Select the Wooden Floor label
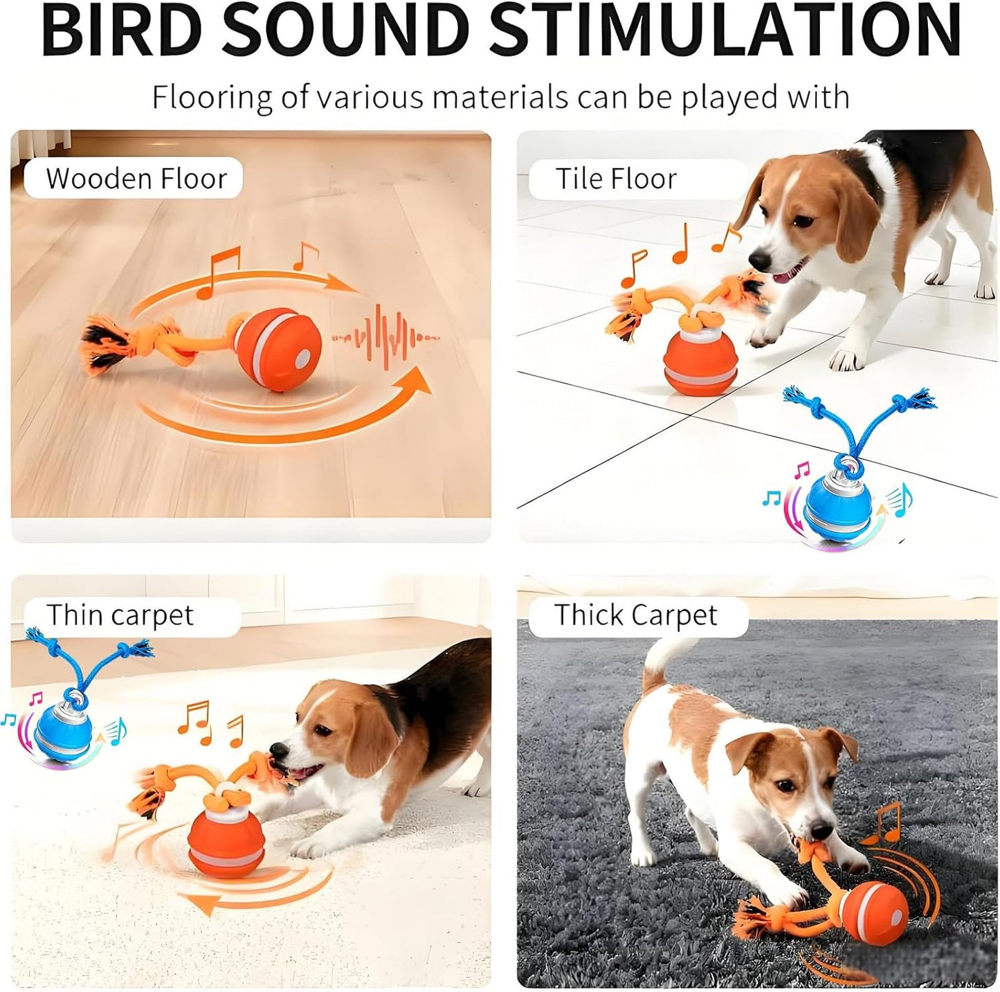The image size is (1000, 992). point(136,179)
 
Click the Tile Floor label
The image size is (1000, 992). point(616,179)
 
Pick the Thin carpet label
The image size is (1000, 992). point(120,615)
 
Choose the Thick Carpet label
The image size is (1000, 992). point(635,615)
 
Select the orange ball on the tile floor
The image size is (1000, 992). point(699,364)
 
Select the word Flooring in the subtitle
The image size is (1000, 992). point(211,97)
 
